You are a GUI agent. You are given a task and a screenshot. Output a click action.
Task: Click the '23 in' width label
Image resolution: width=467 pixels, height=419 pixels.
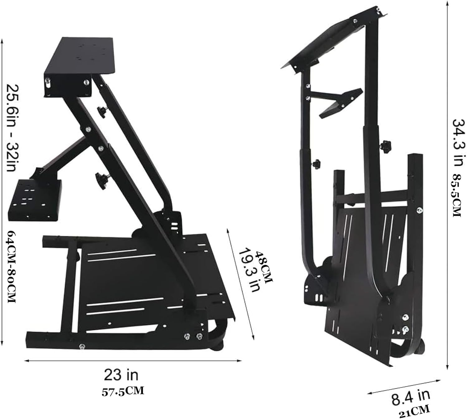pyautogui.click(x=121, y=375)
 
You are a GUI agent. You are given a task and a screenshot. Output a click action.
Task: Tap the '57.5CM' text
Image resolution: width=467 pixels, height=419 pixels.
pyautogui.click(x=123, y=391)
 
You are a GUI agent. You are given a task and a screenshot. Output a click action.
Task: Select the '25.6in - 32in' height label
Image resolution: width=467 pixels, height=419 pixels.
pyautogui.click(x=12, y=128)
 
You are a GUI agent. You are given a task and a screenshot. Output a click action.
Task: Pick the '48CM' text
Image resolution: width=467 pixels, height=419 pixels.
pyautogui.click(x=263, y=267)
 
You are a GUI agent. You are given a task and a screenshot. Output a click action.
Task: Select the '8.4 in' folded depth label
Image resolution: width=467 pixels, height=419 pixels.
pyautogui.click(x=411, y=395)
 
